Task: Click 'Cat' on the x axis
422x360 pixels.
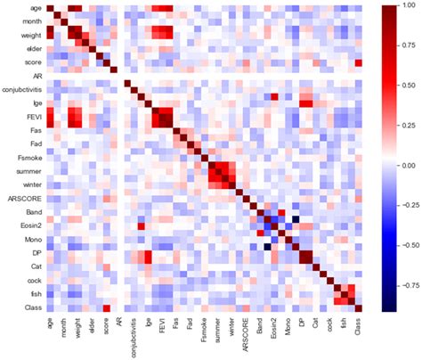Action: (x=321, y=327)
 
